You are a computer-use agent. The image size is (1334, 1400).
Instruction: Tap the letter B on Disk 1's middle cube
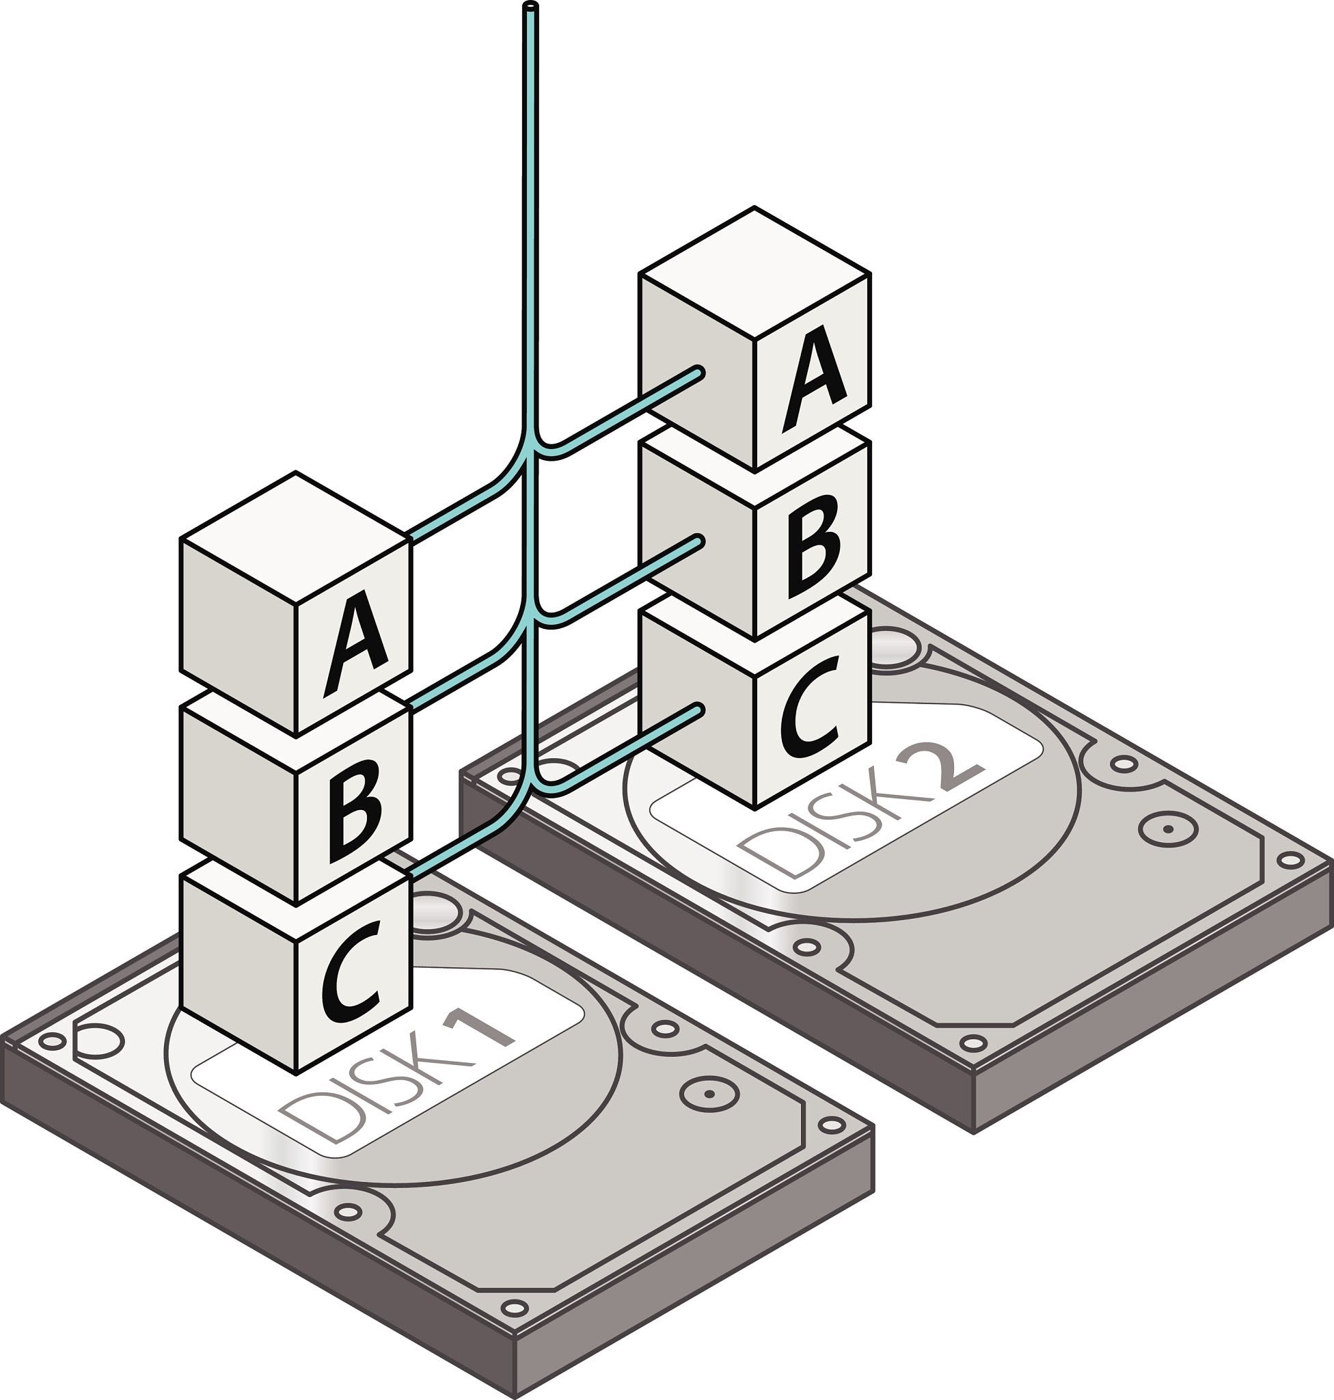(x=355, y=811)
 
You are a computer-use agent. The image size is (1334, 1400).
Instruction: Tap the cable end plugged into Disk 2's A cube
(x=698, y=372)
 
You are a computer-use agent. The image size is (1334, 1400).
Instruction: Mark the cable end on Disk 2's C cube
(x=698, y=710)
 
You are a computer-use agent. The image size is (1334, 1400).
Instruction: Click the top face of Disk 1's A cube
(x=295, y=539)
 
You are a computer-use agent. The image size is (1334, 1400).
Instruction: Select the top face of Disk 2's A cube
(x=754, y=273)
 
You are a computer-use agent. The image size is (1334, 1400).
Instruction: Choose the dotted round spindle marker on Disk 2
(x=1169, y=829)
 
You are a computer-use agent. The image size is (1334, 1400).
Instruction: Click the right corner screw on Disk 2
(x=1289, y=861)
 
